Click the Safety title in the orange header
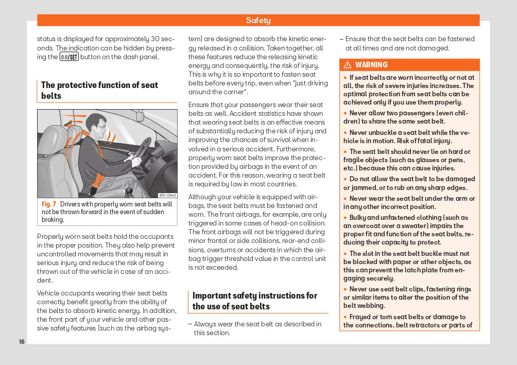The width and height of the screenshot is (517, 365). (258, 21)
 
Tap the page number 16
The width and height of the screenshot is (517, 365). (21, 342)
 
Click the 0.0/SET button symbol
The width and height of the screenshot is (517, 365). (69, 57)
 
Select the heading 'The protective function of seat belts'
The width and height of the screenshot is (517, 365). (99, 90)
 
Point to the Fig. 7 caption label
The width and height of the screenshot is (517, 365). (49, 204)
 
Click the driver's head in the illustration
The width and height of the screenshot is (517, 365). (95, 125)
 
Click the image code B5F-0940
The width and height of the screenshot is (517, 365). (167, 195)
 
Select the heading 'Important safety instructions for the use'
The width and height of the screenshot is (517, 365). (255, 301)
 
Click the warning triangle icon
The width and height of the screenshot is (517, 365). (348, 65)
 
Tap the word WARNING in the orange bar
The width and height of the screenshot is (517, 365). (371, 65)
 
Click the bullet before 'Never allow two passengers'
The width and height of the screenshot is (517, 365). (346, 113)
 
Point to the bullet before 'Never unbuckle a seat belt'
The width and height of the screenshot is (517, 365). (346, 133)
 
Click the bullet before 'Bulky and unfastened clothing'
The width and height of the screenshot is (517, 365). (346, 218)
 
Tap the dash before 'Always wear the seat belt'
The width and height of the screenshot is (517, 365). (189, 324)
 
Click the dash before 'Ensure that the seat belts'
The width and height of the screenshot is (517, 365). (341, 39)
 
